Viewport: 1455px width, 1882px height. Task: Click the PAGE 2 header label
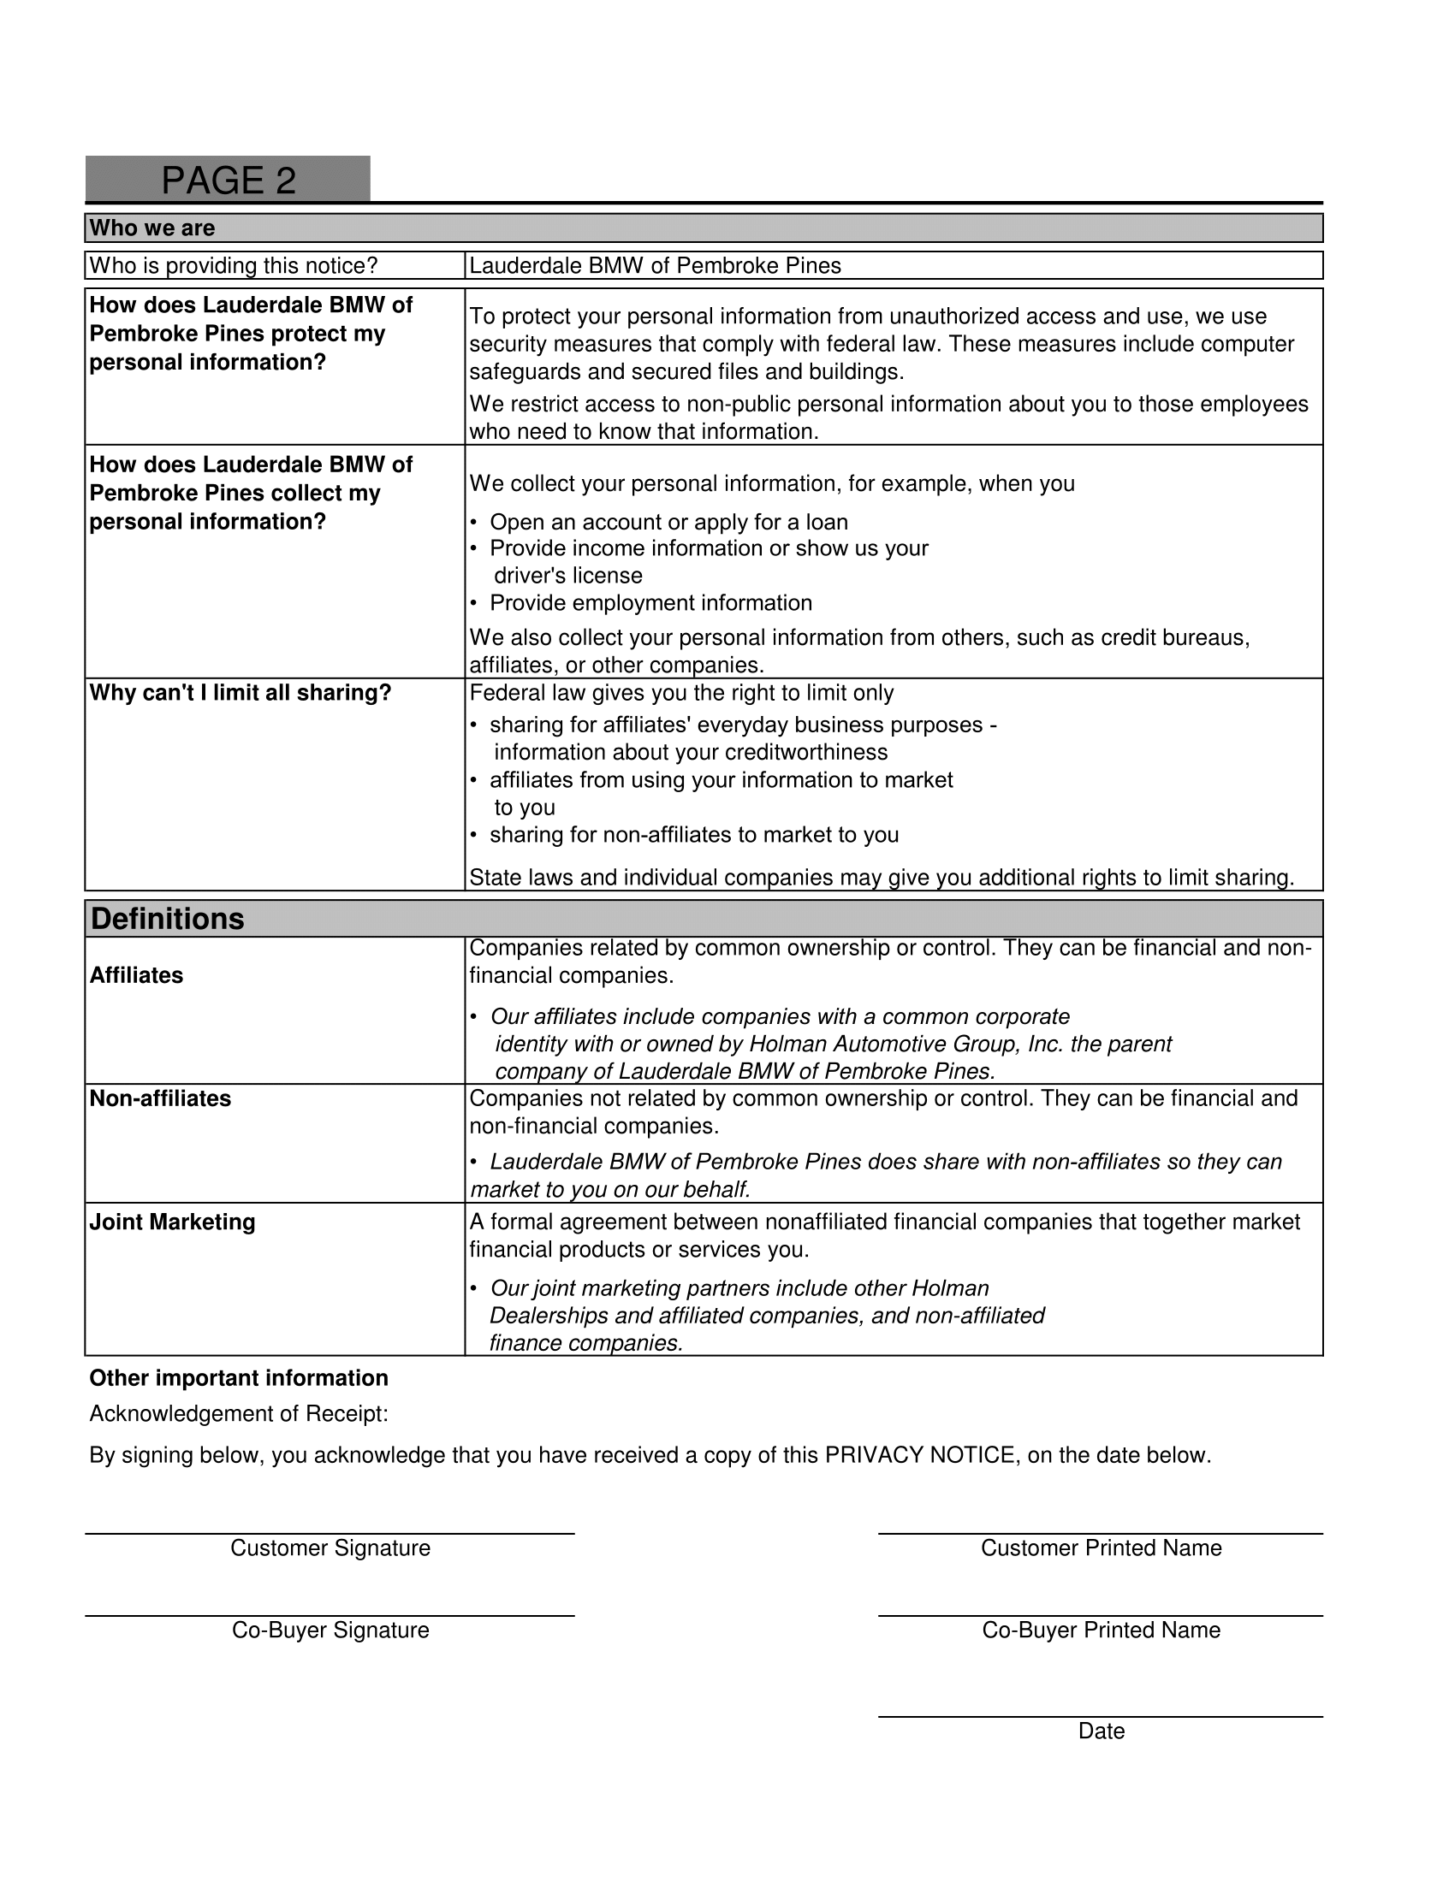coord(229,181)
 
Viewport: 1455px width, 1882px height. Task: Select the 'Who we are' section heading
coord(152,228)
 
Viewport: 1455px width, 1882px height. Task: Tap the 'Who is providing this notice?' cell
coord(234,265)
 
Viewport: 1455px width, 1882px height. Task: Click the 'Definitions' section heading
coord(167,919)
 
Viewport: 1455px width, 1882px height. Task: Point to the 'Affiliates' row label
coord(136,975)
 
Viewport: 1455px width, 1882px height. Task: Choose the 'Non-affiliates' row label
coord(160,1098)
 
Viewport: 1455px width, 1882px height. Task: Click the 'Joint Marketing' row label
coord(172,1222)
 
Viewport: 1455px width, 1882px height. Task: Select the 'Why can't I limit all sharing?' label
coord(241,693)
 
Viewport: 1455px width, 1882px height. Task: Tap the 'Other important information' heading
coord(239,1378)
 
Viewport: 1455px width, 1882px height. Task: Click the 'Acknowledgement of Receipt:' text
coord(239,1414)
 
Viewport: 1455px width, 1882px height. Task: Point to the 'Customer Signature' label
coord(330,1548)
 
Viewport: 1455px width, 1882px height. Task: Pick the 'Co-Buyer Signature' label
coord(330,1630)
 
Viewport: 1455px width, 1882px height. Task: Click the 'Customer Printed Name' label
coord(1101,1548)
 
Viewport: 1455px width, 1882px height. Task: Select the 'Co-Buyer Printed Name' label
coord(1101,1630)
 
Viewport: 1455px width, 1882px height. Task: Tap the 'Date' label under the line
coord(1101,1731)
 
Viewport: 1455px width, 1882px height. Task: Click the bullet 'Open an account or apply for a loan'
coord(668,522)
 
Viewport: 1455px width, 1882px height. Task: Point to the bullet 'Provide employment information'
coord(650,603)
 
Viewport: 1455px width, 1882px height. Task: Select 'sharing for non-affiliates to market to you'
coord(694,835)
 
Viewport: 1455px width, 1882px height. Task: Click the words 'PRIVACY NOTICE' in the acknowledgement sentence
coord(920,1455)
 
